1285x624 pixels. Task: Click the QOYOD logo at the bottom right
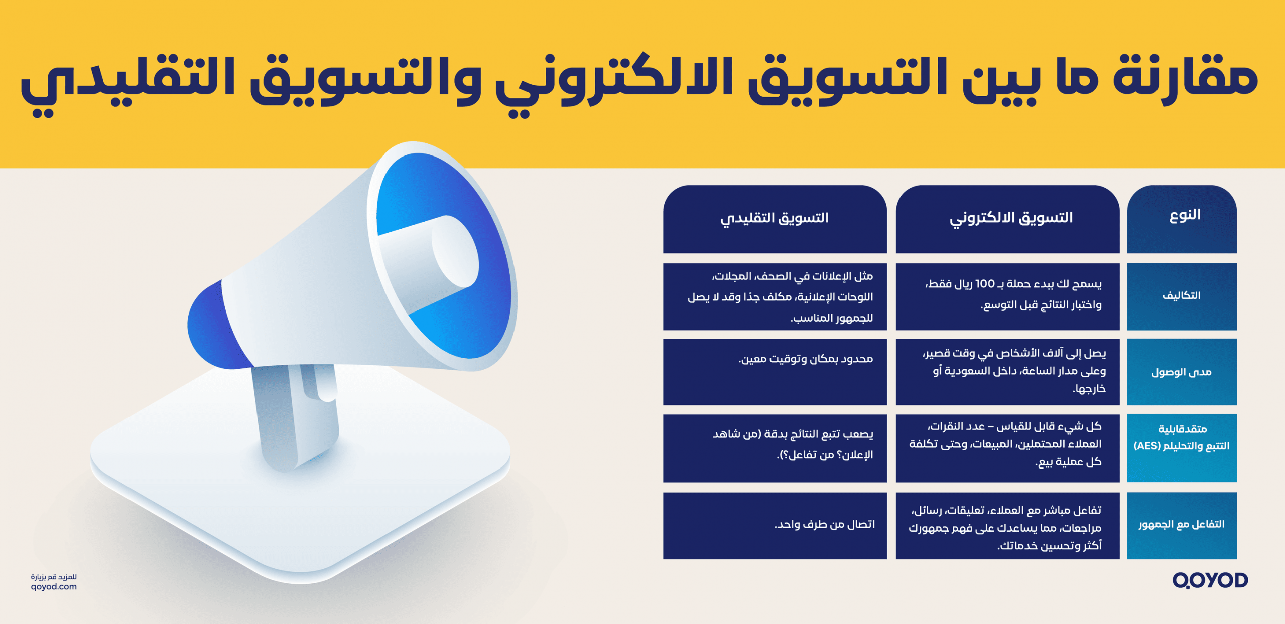point(1210,580)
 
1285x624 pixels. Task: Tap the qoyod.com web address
point(54,587)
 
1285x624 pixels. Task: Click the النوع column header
point(1185,216)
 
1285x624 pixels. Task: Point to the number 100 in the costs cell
point(985,284)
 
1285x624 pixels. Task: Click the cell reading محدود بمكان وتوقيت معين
point(806,359)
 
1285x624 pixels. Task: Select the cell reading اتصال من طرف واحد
point(824,525)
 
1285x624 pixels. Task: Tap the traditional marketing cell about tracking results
point(793,444)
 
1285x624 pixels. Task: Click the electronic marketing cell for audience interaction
point(1006,528)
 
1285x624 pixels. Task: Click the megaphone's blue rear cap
point(211,326)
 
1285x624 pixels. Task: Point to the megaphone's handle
point(296,416)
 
